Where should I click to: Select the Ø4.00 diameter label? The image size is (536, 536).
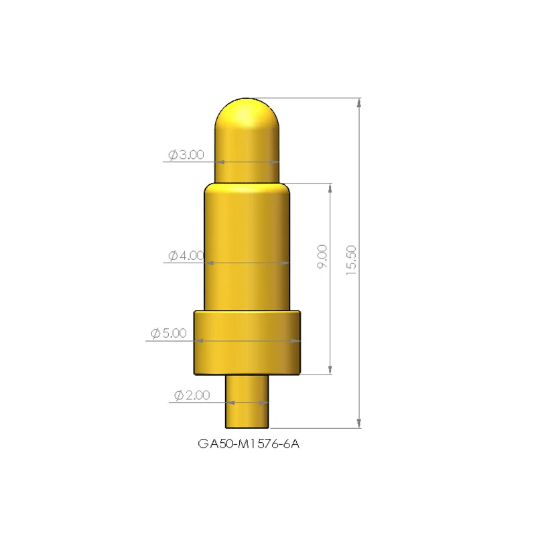(x=186, y=255)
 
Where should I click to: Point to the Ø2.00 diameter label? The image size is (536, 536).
(x=192, y=395)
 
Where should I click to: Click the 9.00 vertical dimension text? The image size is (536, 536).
(x=322, y=257)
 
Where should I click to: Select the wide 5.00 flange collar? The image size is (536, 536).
(x=247, y=342)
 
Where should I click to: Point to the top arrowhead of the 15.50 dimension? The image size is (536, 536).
(x=360, y=104)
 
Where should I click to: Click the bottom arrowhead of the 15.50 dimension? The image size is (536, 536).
(x=360, y=423)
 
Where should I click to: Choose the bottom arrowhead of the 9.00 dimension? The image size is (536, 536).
(x=330, y=369)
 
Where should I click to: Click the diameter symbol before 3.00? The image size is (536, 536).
(x=172, y=155)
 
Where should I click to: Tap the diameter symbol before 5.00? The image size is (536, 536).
(x=155, y=334)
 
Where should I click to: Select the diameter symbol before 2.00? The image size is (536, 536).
(x=178, y=395)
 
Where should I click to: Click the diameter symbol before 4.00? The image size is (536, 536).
(x=172, y=255)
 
